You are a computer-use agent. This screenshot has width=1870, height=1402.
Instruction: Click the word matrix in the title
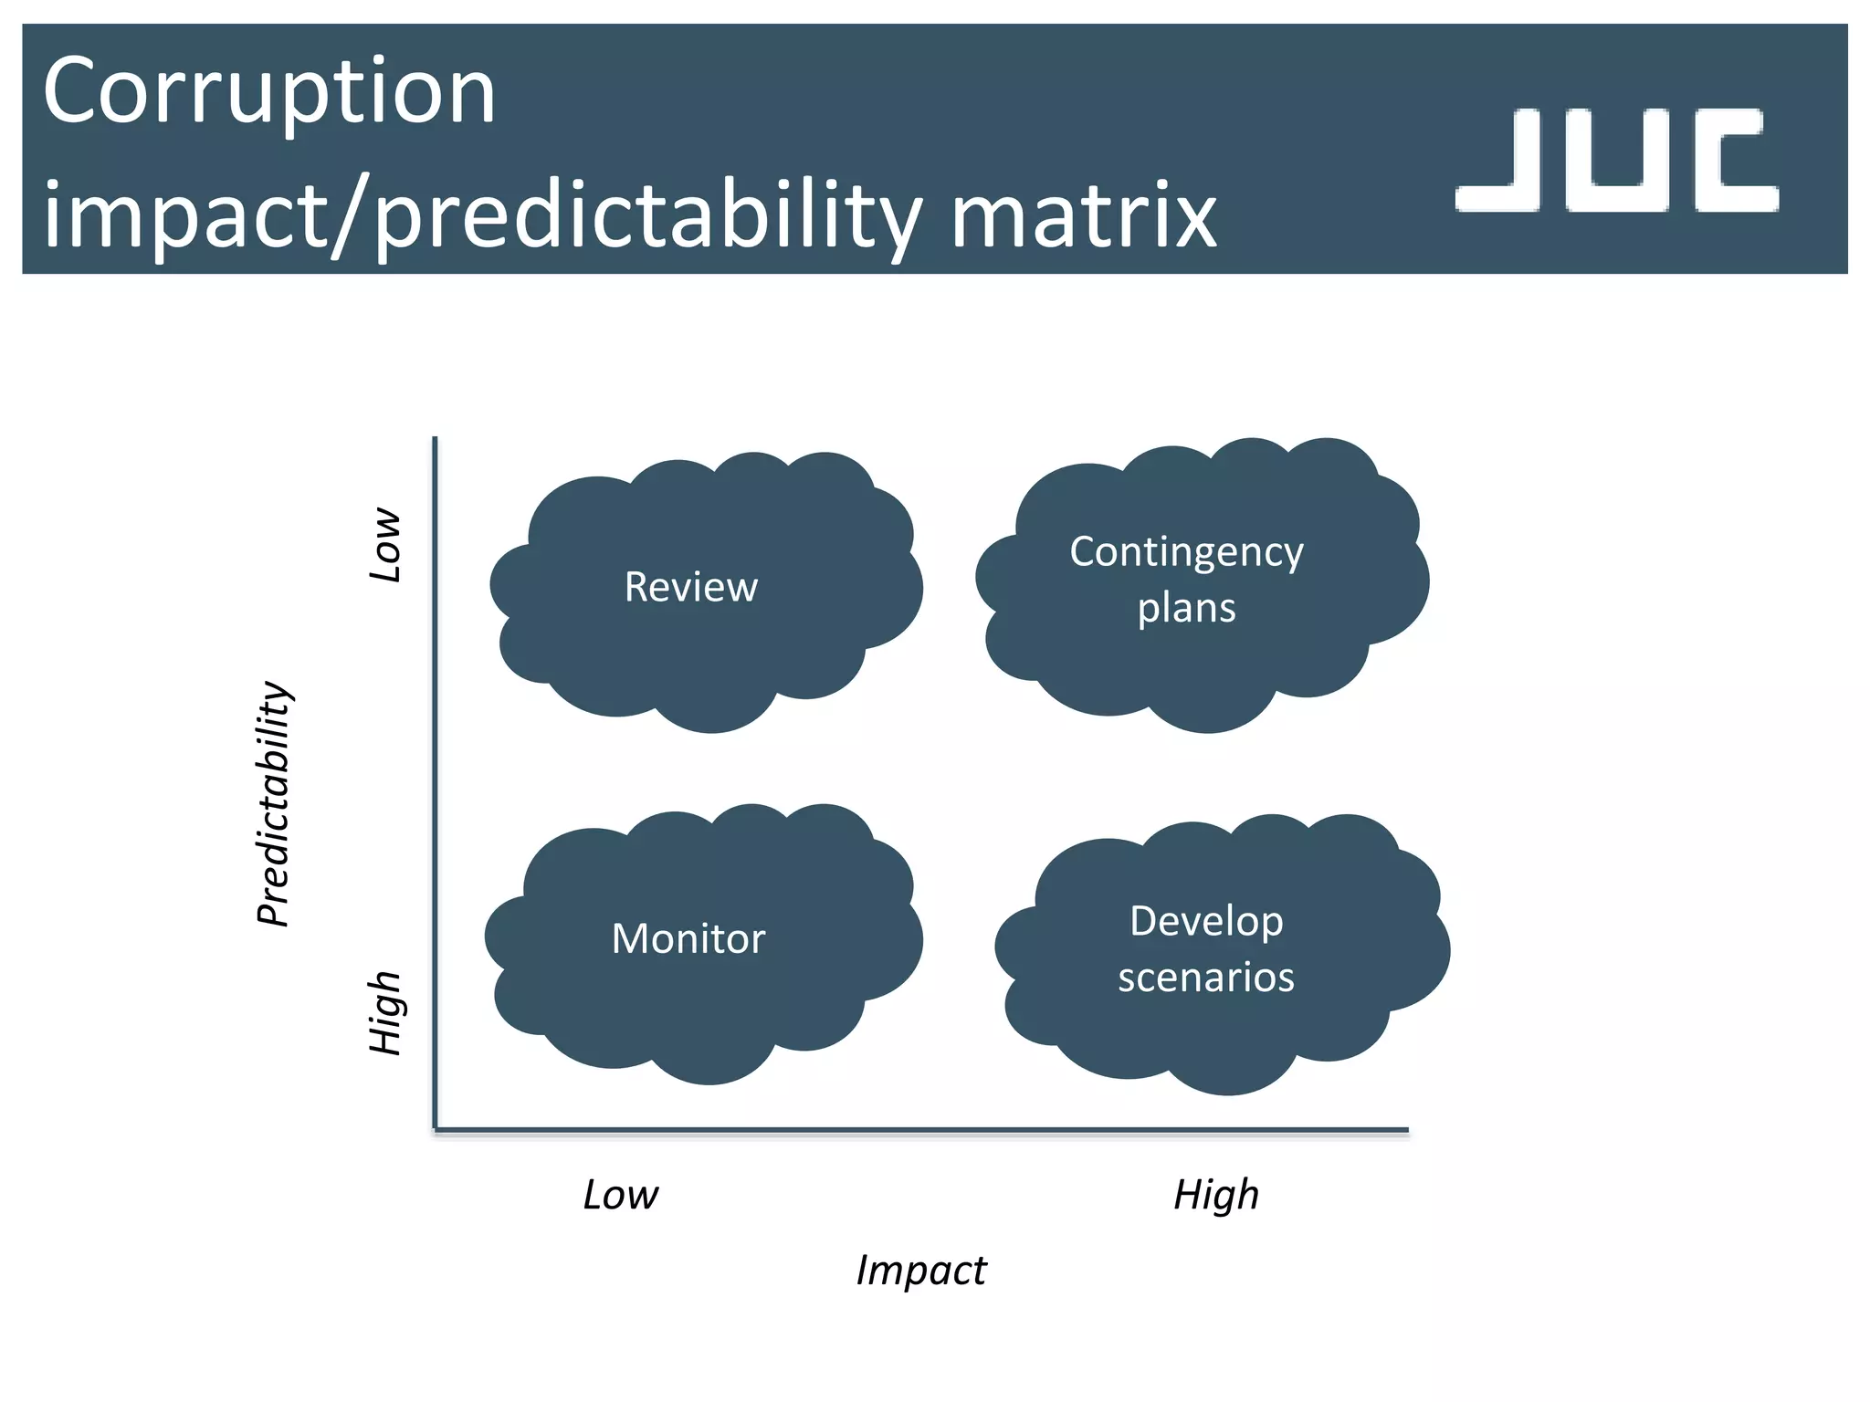(1083, 216)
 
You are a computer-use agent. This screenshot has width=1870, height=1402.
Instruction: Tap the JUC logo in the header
(1616, 161)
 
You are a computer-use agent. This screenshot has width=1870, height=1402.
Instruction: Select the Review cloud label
(691, 587)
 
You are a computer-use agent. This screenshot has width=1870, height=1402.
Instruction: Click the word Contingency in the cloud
(1186, 551)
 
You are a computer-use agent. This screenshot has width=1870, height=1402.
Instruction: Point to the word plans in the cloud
(1186, 608)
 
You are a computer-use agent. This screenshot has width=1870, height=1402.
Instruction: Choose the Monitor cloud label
(688, 938)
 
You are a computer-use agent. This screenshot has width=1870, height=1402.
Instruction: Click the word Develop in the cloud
(1206, 920)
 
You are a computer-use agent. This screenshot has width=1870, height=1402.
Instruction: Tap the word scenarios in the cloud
(1206, 978)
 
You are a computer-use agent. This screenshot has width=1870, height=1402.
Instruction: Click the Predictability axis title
(273, 803)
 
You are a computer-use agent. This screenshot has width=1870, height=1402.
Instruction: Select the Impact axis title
(920, 1270)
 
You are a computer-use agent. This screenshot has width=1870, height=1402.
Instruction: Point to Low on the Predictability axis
(385, 545)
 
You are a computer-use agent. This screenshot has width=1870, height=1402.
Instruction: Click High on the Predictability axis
(385, 1012)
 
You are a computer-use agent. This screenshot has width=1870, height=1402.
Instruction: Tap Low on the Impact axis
(620, 1194)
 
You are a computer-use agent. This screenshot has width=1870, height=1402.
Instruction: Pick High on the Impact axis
(1215, 1194)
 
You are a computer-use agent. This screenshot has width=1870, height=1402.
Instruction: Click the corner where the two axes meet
(436, 1130)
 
